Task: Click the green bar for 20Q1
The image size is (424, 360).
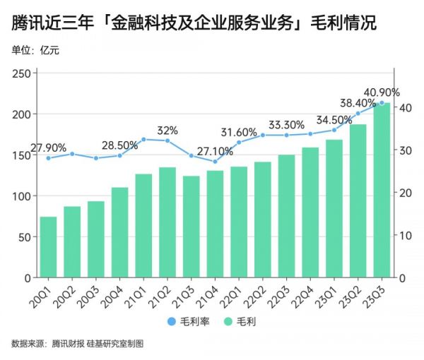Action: tap(49, 247)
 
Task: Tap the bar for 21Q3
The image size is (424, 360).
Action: tap(192, 226)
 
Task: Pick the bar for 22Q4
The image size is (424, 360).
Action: tap(310, 212)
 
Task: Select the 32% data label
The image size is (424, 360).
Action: tap(167, 131)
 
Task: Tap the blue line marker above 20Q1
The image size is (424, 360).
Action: tap(49, 157)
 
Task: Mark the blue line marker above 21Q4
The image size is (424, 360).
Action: tap(215, 162)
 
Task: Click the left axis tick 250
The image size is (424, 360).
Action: tap(21, 73)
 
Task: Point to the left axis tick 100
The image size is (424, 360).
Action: tap(21, 196)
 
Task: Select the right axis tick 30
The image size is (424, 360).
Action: tap(402, 150)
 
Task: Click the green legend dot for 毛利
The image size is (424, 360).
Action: tap(228, 323)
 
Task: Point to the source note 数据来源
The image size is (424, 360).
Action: tap(28, 344)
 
